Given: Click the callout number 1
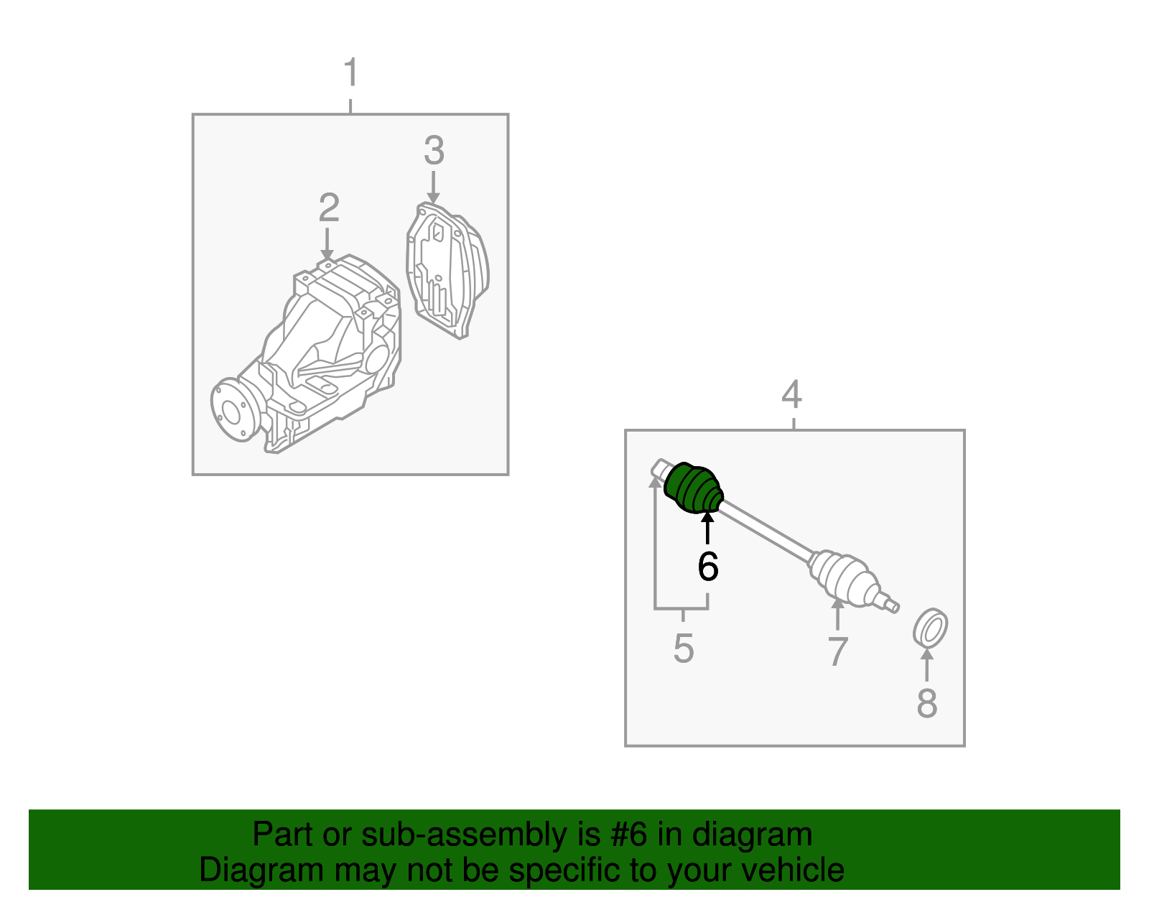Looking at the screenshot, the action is [x=351, y=73].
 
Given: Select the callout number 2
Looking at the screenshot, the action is [x=329, y=208].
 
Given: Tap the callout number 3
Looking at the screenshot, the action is [x=434, y=150].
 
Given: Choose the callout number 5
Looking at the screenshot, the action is [x=684, y=649].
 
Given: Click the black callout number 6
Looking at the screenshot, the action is [x=708, y=566].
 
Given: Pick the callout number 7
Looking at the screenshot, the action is [x=837, y=651].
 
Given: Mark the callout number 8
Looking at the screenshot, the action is [x=927, y=703].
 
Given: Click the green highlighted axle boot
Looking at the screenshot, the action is [x=693, y=488].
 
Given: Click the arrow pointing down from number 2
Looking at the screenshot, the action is [x=327, y=243].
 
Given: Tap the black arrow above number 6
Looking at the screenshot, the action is [x=707, y=528].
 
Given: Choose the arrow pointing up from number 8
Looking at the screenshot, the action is [x=926, y=664].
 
